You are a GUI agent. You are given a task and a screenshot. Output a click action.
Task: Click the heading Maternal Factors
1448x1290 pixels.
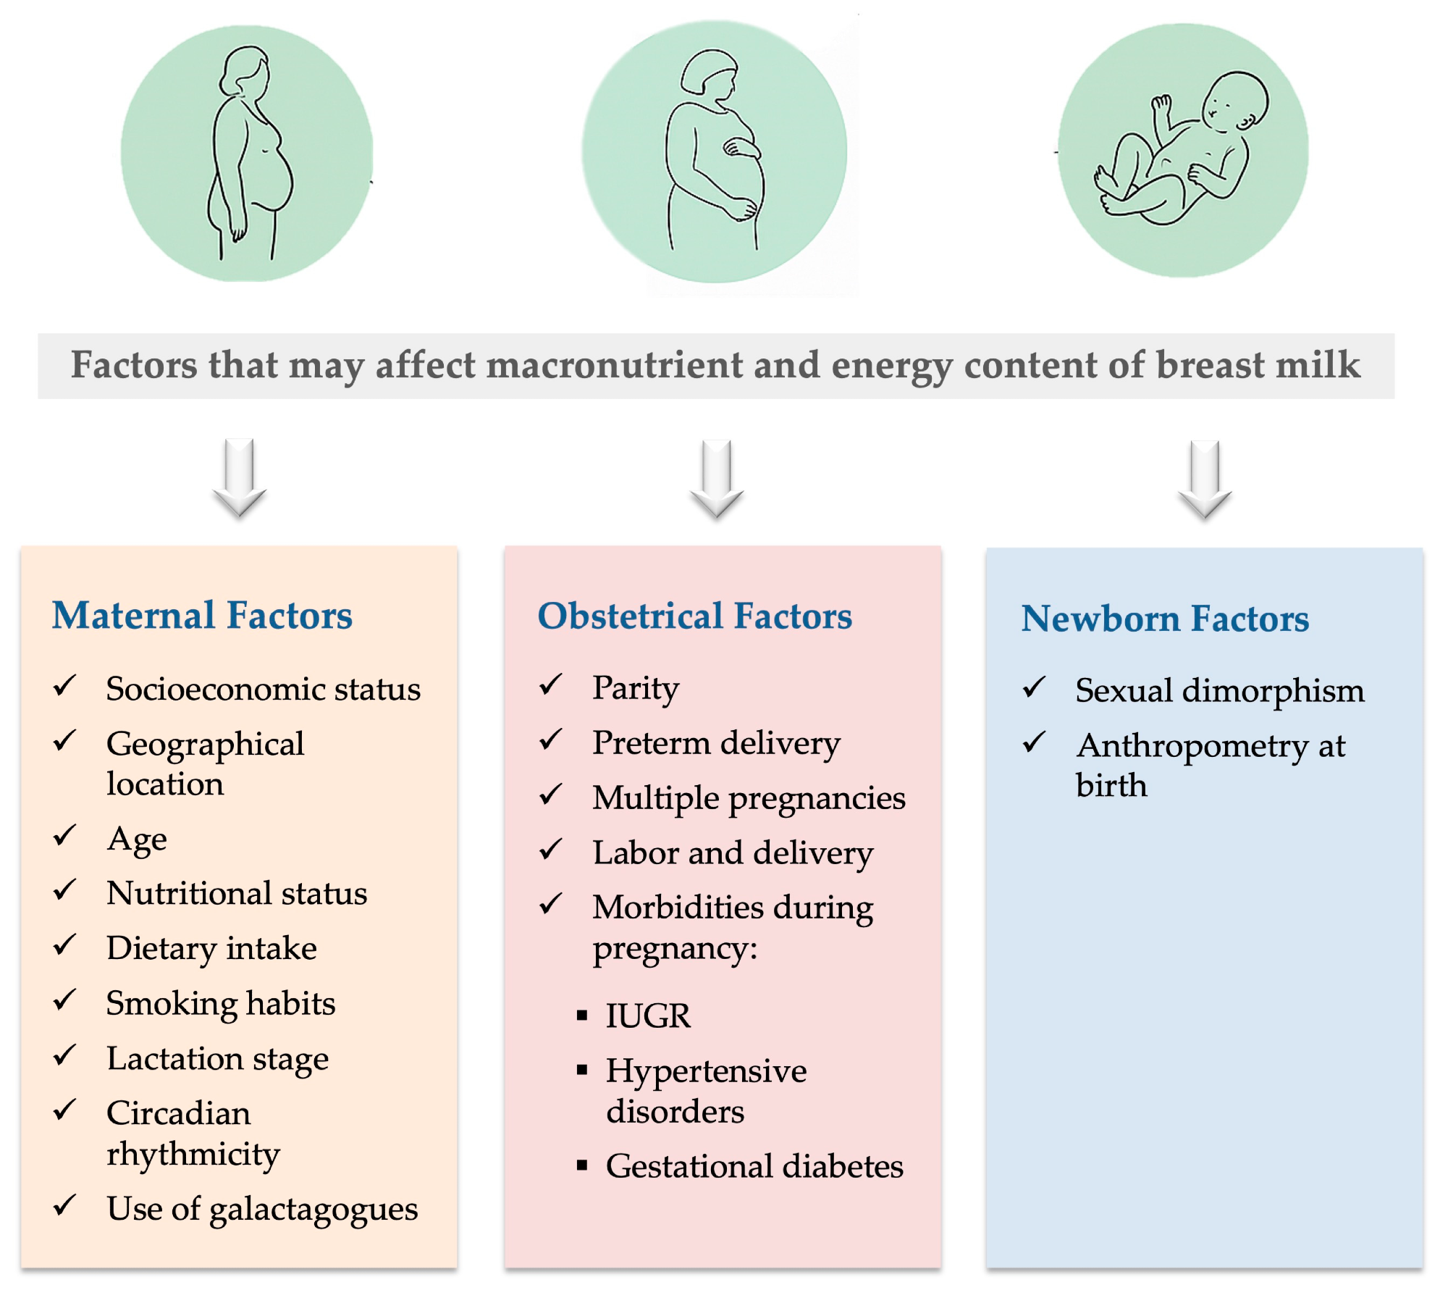point(202,616)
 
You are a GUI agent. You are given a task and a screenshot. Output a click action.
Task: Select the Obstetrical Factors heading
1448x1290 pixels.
point(694,616)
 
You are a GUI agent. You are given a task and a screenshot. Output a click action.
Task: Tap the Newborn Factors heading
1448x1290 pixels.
point(1164,619)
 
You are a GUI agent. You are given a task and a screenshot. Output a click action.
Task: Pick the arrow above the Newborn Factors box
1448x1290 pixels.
point(1204,479)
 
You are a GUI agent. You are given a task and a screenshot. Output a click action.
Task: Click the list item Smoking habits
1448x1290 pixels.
point(220,1003)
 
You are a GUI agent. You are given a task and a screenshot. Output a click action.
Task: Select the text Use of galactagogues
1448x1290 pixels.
point(262,1208)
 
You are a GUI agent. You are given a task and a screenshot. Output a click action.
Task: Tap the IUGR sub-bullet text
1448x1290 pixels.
point(648,1015)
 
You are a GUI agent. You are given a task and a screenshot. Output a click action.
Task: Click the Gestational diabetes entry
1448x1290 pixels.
point(754,1166)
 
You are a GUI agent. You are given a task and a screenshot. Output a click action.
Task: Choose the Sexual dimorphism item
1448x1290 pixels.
point(1219,690)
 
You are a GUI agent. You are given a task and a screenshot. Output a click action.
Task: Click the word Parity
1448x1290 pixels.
point(636,688)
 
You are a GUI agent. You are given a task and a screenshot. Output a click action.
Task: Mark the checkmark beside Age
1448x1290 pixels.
point(64,835)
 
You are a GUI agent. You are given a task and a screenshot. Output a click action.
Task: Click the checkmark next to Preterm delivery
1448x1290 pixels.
point(550,740)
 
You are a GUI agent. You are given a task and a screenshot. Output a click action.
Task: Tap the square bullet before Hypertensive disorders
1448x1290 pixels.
point(582,1070)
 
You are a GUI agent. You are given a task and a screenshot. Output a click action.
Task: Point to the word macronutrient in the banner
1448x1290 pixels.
point(615,365)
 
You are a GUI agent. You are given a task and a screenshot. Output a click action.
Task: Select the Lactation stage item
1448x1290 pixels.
point(217,1059)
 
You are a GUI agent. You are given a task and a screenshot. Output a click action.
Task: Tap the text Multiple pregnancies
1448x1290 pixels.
point(749,798)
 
